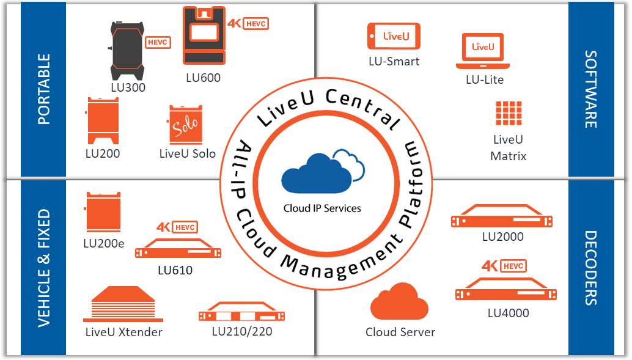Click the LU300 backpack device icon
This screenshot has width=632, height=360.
(x=126, y=50)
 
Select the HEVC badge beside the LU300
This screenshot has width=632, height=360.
(x=158, y=42)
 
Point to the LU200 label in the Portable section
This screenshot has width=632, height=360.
(x=102, y=153)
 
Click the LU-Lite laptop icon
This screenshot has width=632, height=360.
(x=484, y=52)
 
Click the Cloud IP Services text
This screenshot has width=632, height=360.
(x=322, y=208)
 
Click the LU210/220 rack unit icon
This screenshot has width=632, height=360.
(x=243, y=314)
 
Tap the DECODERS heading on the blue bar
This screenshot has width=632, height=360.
(x=590, y=268)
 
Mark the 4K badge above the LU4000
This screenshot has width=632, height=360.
(x=490, y=266)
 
